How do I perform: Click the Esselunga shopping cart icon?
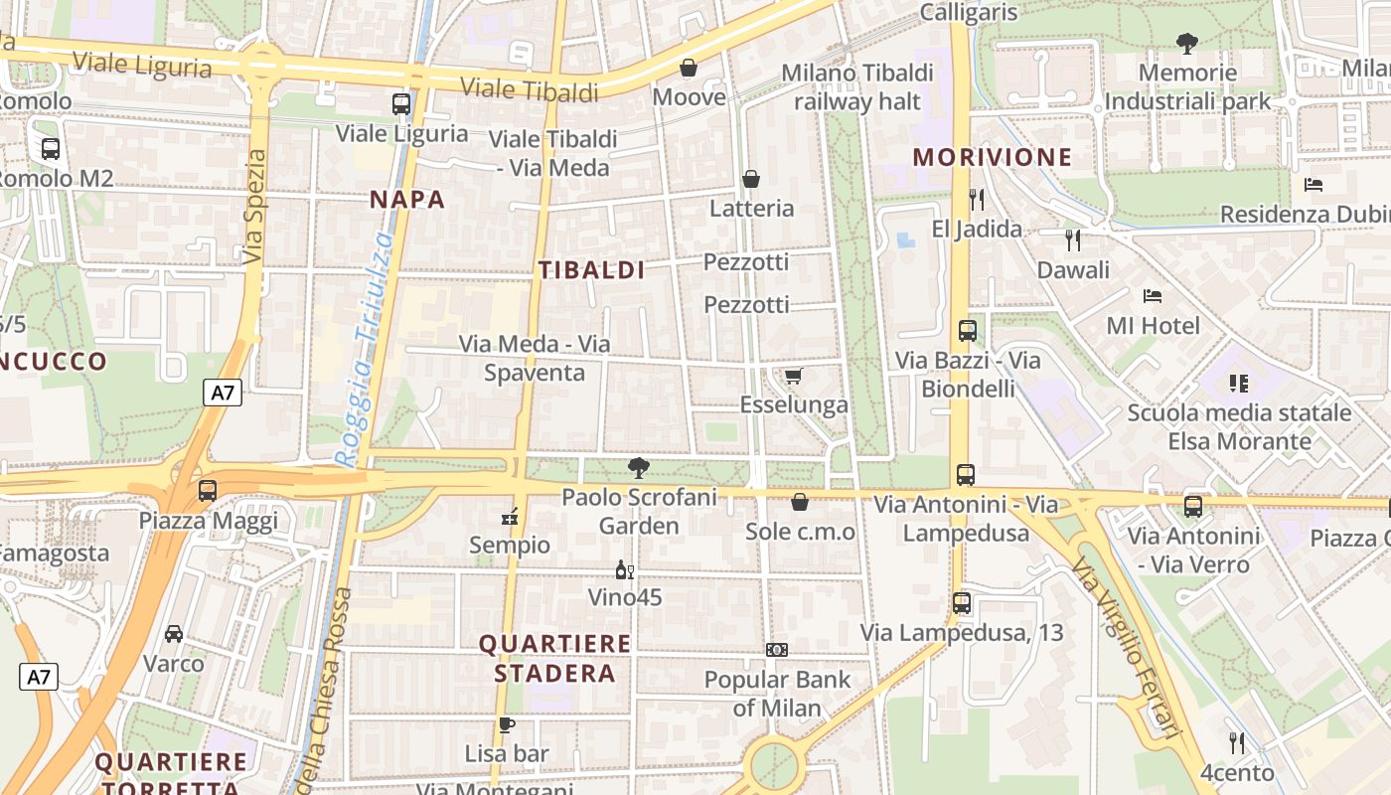793,376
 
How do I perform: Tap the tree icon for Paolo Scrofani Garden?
639,467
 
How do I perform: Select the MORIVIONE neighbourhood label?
993,157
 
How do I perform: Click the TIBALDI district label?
592,269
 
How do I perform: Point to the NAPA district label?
407,199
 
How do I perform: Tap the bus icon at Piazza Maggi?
208,490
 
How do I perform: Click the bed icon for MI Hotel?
1153,296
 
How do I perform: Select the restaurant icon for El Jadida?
977,200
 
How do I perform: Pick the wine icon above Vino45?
624,569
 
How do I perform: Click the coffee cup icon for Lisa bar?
507,724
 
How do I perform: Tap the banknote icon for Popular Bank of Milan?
777,650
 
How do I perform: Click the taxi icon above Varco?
174,634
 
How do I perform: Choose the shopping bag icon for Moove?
689,68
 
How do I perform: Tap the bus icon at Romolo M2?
51,149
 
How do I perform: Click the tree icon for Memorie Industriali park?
1186,43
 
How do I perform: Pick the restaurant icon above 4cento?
1237,742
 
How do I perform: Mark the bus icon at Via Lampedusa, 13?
962,602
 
